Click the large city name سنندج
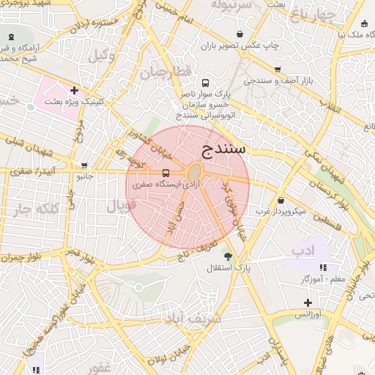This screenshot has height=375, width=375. pyautogui.click(x=225, y=149)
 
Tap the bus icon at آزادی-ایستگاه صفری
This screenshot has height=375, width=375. pyautogui.click(x=166, y=174)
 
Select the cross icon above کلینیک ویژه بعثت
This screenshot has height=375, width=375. pyautogui.click(x=74, y=91)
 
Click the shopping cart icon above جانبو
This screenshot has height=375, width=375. pyautogui.click(x=85, y=165)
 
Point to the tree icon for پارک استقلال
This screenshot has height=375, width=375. pyautogui.click(x=228, y=256)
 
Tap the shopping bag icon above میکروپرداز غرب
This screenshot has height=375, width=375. pyautogui.click(x=281, y=200)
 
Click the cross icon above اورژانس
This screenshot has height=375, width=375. pyautogui.click(x=308, y=302)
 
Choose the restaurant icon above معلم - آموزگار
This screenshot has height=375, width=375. pyautogui.click(x=323, y=267)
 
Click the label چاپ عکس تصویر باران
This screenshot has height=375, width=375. pyautogui.click(x=241, y=45)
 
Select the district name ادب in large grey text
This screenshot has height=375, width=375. pyautogui.click(x=302, y=251)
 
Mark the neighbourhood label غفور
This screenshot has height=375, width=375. pyautogui.click(x=97, y=366)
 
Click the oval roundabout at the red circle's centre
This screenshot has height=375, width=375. pyautogui.click(x=195, y=173)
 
